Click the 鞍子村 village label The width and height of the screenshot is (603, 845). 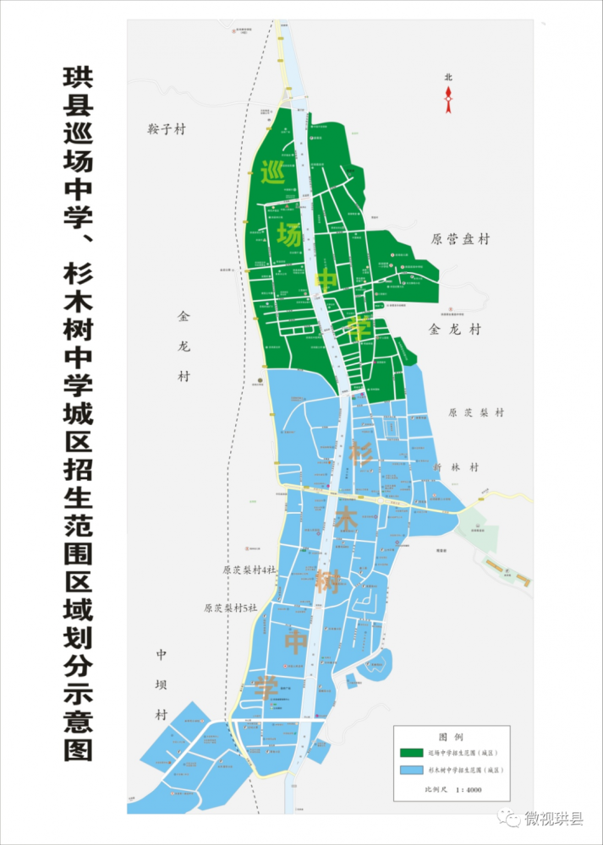[x=165, y=129]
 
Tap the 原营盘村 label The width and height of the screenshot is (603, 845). [x=460, y=239]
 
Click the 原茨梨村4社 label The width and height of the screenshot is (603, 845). [x=249, y=570]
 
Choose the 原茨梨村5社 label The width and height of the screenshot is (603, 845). [x=230, y=608]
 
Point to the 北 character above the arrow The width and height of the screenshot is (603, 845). [x=448, y=78]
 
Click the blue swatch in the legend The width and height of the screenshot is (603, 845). [x=411, y=771]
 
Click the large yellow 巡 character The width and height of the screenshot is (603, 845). [x=272, y=172]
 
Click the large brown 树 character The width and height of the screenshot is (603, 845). [x=328, y=582]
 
